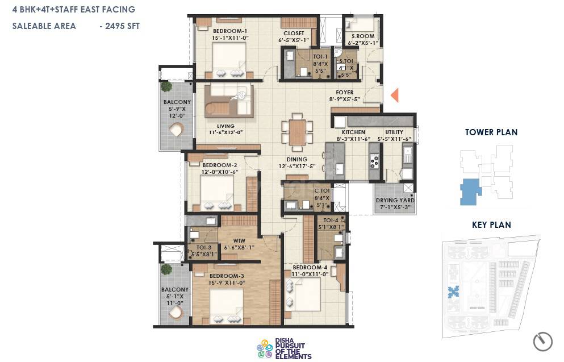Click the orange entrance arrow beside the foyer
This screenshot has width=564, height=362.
click(395, 95)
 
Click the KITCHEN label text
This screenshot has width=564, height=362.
click(353, 132)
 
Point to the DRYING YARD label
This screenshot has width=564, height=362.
click(395, 201)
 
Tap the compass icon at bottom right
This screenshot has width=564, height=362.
click(542, 341)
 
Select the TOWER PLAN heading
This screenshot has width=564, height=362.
click(491, 132)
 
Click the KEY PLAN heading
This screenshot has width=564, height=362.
click(491, 225)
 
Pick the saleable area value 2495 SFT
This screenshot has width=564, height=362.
click(119, 26)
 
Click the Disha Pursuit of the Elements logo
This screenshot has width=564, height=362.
click(284, 348)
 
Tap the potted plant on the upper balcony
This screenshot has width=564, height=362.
click(166, 86)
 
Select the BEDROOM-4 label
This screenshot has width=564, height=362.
click(310, 267)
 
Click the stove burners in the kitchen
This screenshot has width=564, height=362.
click(374, 161)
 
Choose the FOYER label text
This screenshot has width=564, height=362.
click(344, 92)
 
